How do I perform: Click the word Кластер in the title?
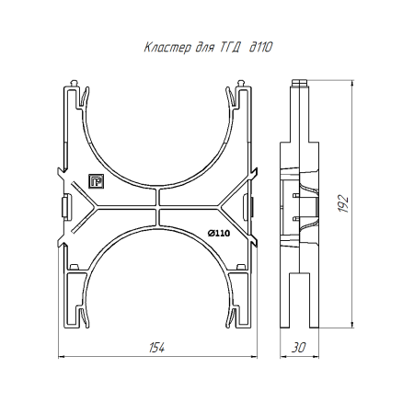point(167,48)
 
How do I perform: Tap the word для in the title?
point(204,48)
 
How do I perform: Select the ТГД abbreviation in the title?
point(230,48)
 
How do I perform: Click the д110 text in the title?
point(260,47)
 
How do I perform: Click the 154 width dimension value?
point(156,348)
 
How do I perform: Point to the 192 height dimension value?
point(343,203)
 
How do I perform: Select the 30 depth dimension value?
point(299,348)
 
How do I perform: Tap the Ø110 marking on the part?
point(219,234)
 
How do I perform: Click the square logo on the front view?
point(97,181)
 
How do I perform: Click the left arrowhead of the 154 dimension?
point(61,357)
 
